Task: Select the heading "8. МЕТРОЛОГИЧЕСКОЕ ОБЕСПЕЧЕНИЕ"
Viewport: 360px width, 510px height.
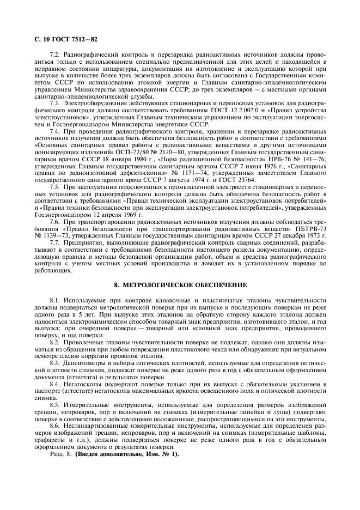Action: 180,285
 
